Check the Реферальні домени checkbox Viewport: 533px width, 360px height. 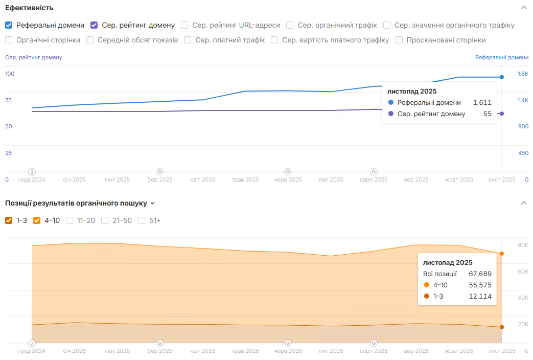pos(9,25)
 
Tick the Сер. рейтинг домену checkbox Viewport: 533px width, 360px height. pos(94,25)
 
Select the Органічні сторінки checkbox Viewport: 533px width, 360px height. pos(9,40)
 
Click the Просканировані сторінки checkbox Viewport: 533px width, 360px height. pos(399,40)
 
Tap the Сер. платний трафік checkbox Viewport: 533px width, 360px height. pos(188,40)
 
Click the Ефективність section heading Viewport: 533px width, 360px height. pos(29,8)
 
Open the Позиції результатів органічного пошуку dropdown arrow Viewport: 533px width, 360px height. pos(152,204)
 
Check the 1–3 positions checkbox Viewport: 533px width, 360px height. pos(9,220)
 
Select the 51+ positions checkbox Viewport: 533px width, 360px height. pos(142,220)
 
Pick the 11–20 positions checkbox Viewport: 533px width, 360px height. pos(69,220)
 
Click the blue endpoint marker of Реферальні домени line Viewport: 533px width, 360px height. pos(502,77)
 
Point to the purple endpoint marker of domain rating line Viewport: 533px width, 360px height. pos(502,114)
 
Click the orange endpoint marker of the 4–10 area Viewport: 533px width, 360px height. pos(502,254)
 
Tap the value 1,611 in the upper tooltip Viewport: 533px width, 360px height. pos(482,103)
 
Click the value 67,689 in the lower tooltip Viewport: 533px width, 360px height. pos(480,274)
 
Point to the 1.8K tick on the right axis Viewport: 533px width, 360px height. pos(523,74)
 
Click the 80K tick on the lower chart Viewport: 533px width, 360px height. pos(523,245)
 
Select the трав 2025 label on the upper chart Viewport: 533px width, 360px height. pos(245,180)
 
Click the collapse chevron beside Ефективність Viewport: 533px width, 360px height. pos(523,8)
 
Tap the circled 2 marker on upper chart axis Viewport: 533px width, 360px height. pos(32,172)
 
